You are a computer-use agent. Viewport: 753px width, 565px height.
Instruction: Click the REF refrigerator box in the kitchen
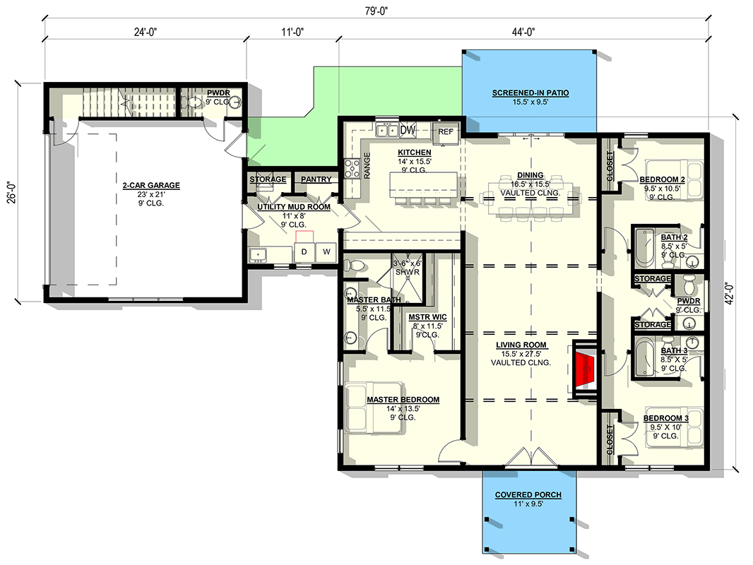(446, 133)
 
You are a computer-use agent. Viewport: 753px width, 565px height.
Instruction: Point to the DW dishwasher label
(408, 130)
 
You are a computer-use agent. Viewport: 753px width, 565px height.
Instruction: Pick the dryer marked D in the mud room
(304, 251)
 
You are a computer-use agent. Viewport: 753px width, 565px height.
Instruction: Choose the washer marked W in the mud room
(326, 251)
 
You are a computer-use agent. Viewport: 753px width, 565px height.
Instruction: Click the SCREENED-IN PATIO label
(530, 93)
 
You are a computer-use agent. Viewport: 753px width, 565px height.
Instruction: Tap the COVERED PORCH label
(529, 495)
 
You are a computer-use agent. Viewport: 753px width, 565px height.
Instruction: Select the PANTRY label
(316, 179)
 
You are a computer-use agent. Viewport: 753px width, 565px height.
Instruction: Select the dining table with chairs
(530, 198)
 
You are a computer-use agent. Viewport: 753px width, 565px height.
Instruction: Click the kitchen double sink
(386, 130)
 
